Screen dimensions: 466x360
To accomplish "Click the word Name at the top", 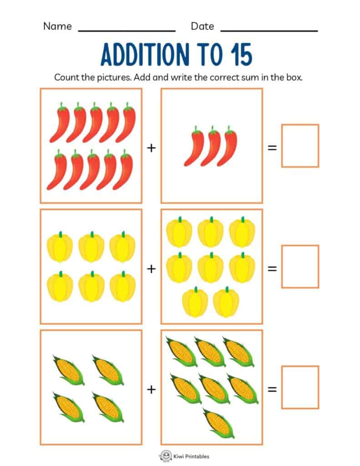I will pyautogui.click(x=57, y=26).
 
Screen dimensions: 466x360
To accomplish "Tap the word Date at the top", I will pyautogui.click(x=202, y=26).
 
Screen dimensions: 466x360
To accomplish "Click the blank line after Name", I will pyautogui.click(x=127, y=30).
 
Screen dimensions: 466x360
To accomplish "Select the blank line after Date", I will pyautogui.click(x=269, y=30).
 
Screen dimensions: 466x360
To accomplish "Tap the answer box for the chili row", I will pyautogui.click(x=300, y=146).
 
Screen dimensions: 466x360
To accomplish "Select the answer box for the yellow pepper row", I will pyautogui.click(x=300, y=266).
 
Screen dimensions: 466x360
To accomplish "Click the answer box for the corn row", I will pyautogui.click(x=300, y=387).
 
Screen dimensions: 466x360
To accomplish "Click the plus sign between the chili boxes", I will pyautogui.click(x=151, y=148).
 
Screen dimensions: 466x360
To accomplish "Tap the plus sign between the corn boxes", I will pyautogui.click(x=151, y=390).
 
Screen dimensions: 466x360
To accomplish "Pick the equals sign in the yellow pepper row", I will pyautogui.click(x=272, y=268).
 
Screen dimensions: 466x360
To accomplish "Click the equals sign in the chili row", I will pyautogui.click(x=272, y=148).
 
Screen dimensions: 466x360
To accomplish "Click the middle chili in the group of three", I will pyautogui.click(x=211, y=147).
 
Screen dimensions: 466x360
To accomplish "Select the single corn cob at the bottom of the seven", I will pyautogui.click(x=218, y=422).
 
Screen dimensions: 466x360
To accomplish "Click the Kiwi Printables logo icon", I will pyautogui.click(x=165, y=456).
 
